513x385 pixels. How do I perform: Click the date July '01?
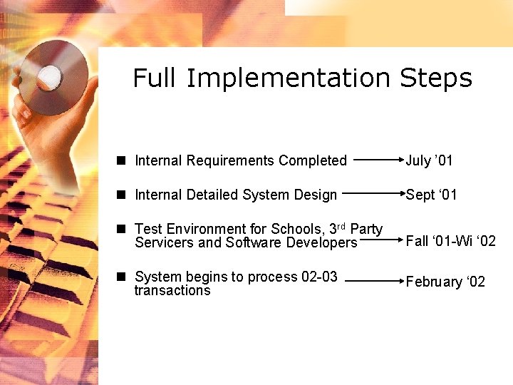(x=429, y=161)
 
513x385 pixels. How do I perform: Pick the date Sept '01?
(x=431, y=195)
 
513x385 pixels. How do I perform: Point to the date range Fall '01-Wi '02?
(x=450, y=241)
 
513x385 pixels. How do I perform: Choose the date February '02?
(x=445, y=282)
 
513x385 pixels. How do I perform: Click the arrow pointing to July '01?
(x=378, y=160)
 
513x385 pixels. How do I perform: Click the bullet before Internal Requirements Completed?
(x=123, y=161)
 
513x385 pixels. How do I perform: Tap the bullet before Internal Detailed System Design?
(x=123, y=195)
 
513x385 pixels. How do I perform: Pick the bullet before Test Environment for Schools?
(x=123, y=229)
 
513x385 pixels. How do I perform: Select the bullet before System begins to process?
(x=123, y=276)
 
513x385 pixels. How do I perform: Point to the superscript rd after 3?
(x=341, y=226)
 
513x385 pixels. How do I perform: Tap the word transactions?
(x=172, y=290)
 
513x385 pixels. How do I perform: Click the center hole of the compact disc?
(x=50, y=75)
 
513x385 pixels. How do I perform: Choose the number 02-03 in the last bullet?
(x=319, y=277)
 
